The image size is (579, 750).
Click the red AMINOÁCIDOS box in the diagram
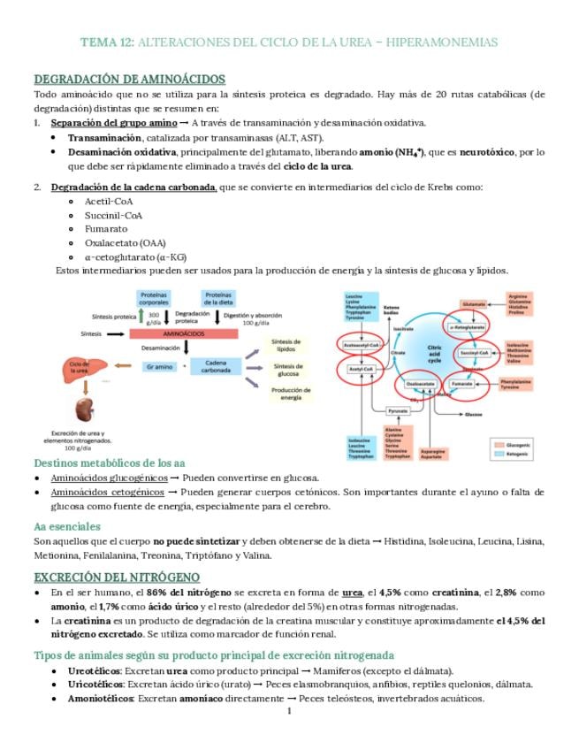coord(183,334)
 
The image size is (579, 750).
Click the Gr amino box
coord(158,365)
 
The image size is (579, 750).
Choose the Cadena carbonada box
coord(216,365)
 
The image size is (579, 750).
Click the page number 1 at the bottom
coord(289,710)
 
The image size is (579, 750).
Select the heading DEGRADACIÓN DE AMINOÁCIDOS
coord(129,80)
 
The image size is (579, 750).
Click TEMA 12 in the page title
coord(107,42)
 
